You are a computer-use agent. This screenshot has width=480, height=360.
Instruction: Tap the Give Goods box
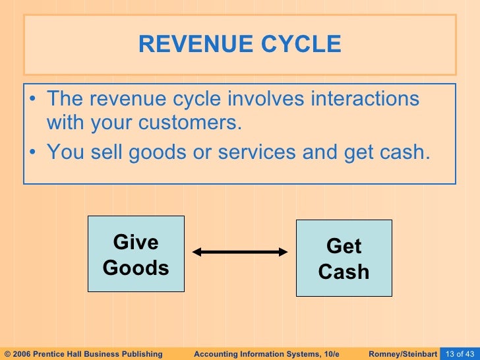coord(136,255)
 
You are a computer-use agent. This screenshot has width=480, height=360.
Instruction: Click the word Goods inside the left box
coord(136,268)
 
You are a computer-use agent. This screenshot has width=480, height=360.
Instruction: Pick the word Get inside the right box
coord(344,247)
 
